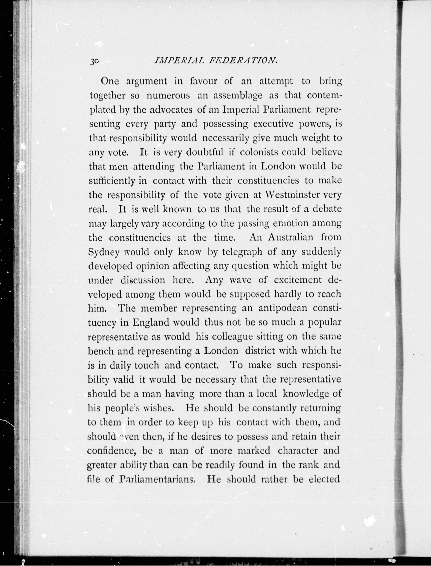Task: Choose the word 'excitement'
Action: pos(298,280)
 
